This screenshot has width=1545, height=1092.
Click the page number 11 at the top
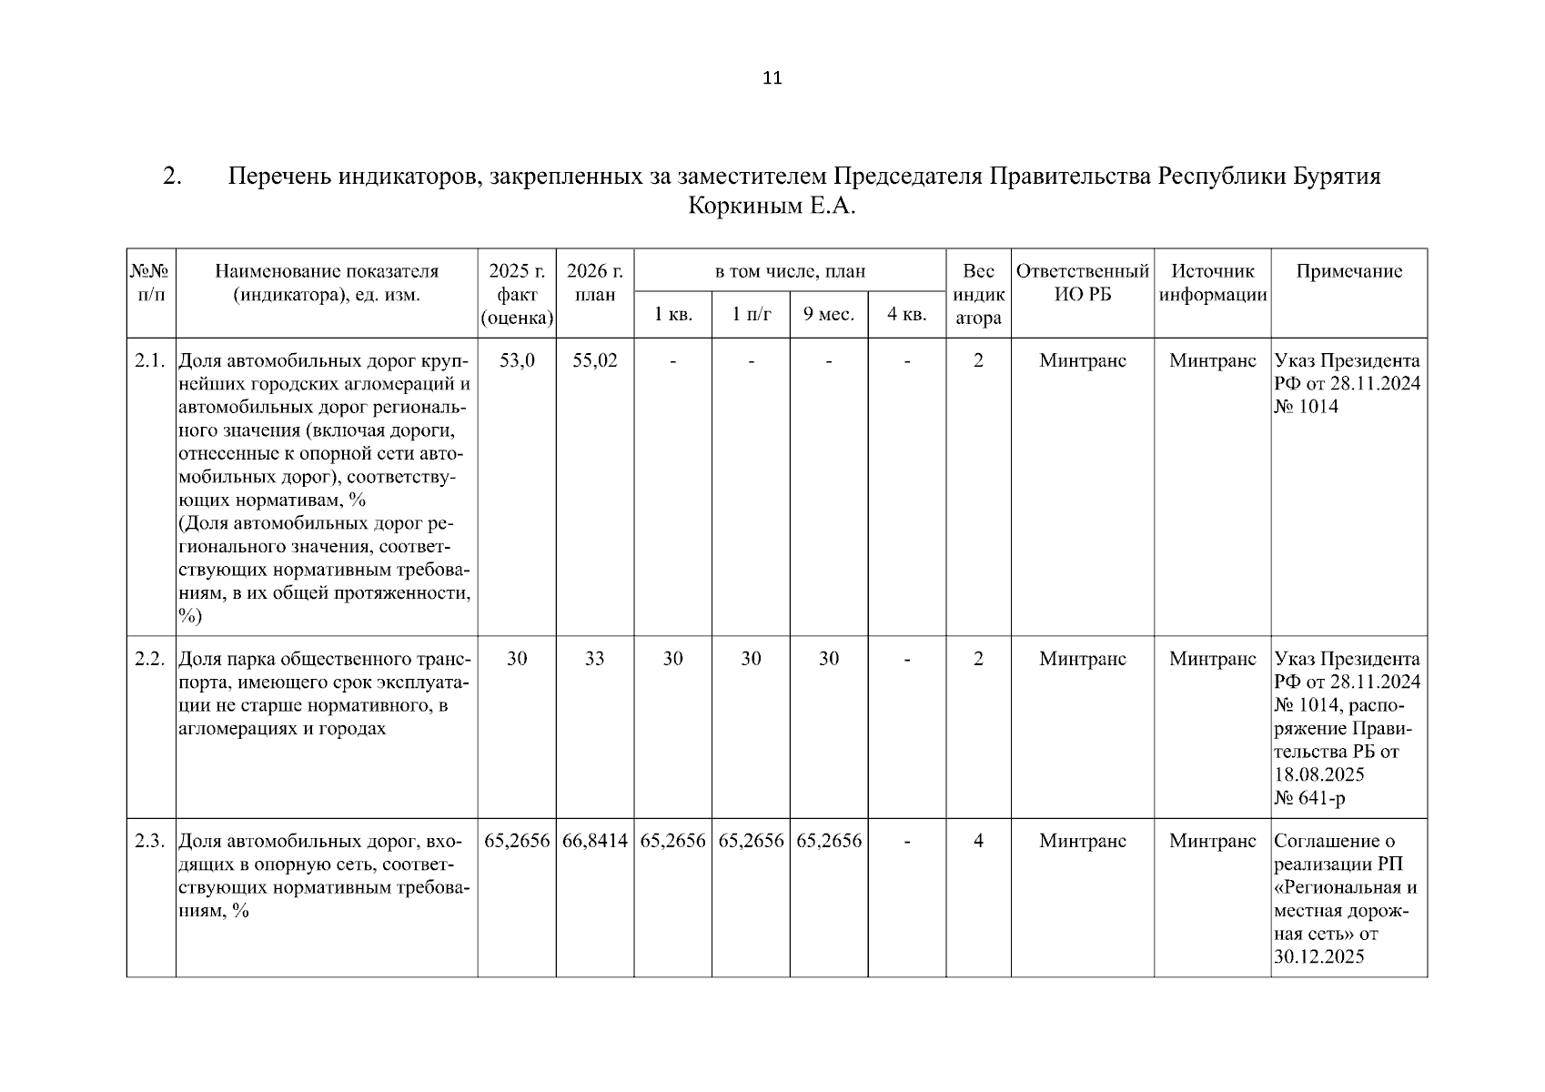click(x=772, y=78)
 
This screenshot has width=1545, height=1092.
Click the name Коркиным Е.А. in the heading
click(x=772, y=207)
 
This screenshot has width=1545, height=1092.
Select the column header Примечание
click(x=1348, y=271)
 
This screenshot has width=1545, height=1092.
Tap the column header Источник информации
click(x=1212, y=283)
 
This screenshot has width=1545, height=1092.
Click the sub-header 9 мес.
click(x=828, y=315)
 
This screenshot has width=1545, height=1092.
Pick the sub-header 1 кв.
click(x=672, y=315)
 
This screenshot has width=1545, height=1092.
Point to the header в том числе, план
click(x=790, y=271)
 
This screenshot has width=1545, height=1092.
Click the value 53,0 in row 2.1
click(x=517, y=361)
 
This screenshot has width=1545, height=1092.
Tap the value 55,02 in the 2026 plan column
click(x=594, y=361)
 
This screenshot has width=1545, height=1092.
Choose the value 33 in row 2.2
click(x=594, y=659)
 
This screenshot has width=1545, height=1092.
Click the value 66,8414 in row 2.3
click(x=594, y=841)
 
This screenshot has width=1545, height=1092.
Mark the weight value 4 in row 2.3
click(x=978, y=841)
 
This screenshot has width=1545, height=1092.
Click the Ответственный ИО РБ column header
click(x=1082, y=283)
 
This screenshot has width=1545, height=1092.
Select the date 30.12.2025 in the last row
click(x=1318, y=956)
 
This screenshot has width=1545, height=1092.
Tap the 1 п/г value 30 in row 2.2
click(x=751, y=659)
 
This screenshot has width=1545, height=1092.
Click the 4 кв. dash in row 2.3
click(x=907, y=841)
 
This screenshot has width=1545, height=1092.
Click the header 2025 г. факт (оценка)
click(x=517, y=294)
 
